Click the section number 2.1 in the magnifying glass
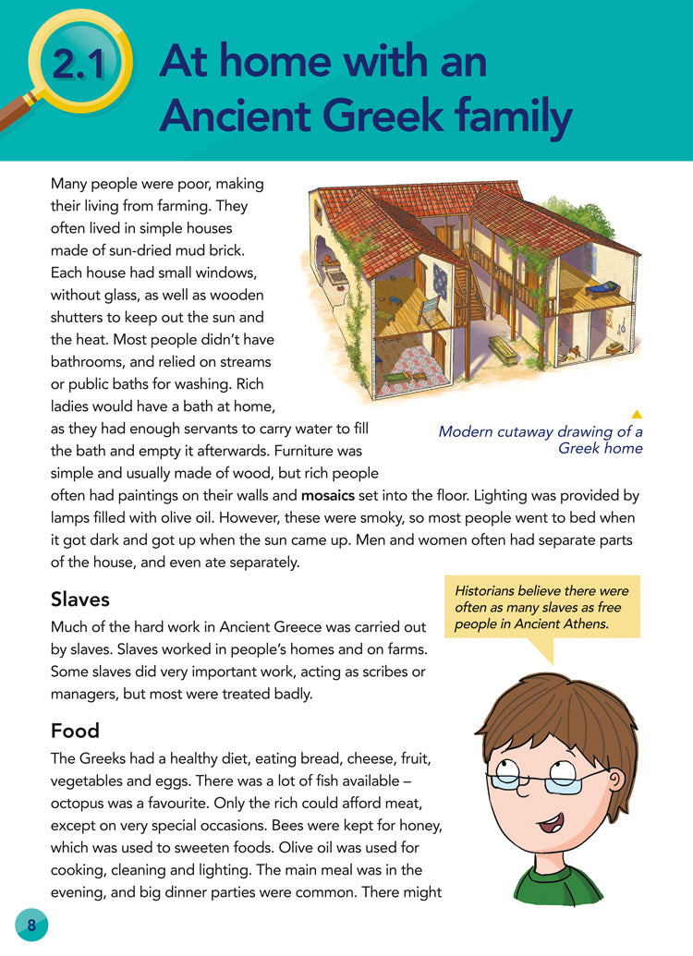point(82,64)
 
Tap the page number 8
point(31,925)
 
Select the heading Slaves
point(80,599)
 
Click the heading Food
point(75,731)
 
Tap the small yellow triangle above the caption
point(636,414)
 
